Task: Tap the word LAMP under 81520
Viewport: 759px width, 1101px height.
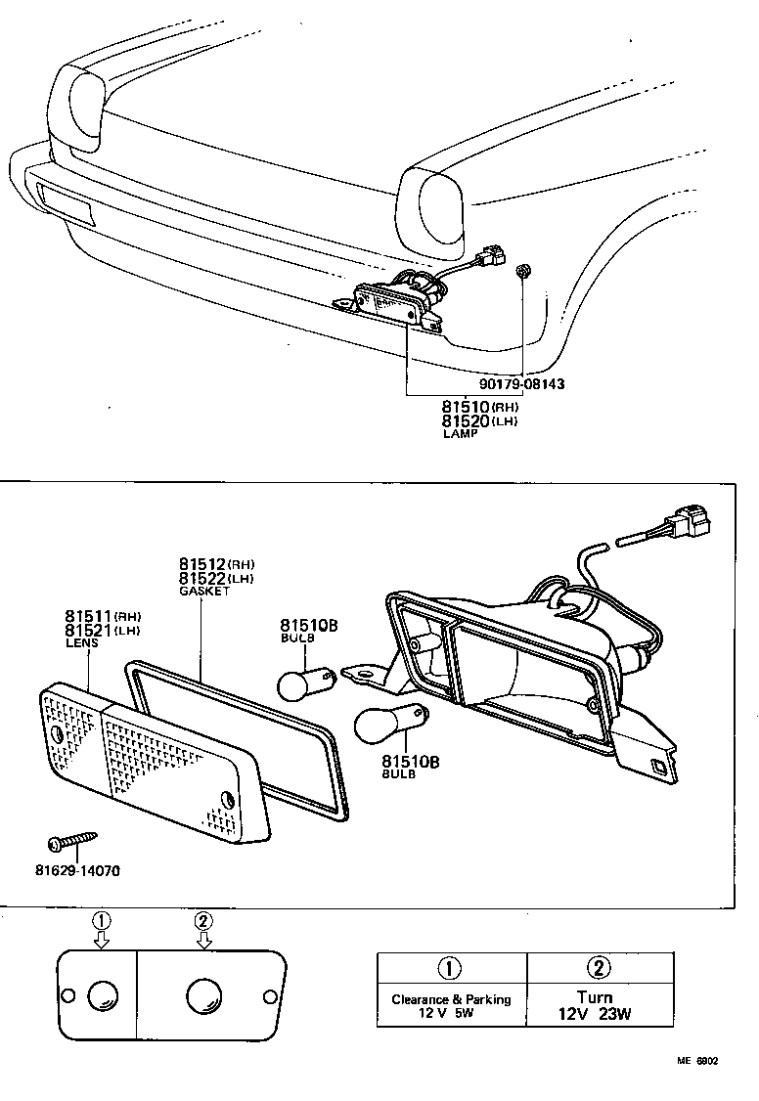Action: point(463,433)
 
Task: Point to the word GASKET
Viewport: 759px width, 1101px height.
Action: point(203,592)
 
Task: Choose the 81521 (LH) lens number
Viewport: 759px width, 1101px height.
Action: point(103,631)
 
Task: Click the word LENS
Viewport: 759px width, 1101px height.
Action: point(80,644)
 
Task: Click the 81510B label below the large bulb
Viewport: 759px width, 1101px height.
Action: point(411,760)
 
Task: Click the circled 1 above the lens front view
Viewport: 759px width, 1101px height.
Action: point(103,921)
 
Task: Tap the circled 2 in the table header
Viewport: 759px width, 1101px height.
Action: point(600,968)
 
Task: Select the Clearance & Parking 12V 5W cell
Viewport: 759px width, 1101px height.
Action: point(451,1005)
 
